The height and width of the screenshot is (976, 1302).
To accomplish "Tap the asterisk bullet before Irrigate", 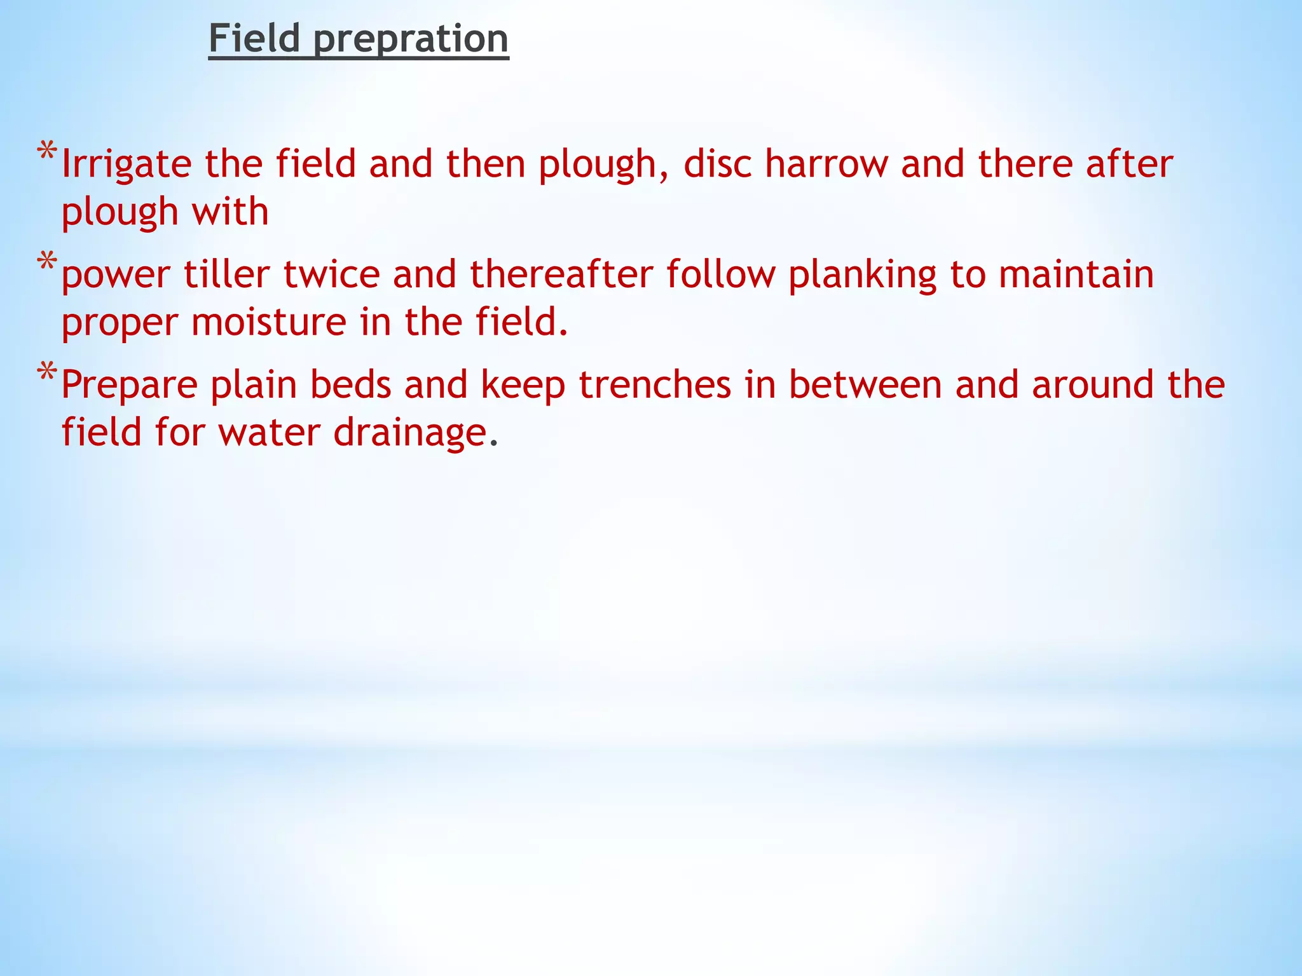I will pyautogui.click(x=47, y=153).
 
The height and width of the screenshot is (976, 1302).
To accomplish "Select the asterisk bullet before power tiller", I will pyautogui.click(x=47, y=262).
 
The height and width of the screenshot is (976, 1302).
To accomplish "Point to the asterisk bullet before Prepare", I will pyautogui.click(x=47, y=372).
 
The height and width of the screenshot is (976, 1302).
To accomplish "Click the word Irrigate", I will pyautogui.click(x=127, y=165).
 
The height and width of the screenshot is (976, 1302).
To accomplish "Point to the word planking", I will pyautogui.click(x=863, y=275).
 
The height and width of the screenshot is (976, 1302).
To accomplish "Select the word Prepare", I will pyautogui.click(x=130, y=386).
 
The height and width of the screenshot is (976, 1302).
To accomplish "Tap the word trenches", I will pyautogui.click(x=655, y=384).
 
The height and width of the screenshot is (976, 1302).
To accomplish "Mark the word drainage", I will pyautogui.click(x=410, y=433).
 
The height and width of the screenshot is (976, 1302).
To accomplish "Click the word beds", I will pyautogui.click(x=350, y=384).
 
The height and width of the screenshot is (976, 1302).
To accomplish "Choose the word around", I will pyautogui.click(x=1093, y=384).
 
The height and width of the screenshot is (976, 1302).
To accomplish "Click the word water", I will pyautogui.click(x=269, y=432).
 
